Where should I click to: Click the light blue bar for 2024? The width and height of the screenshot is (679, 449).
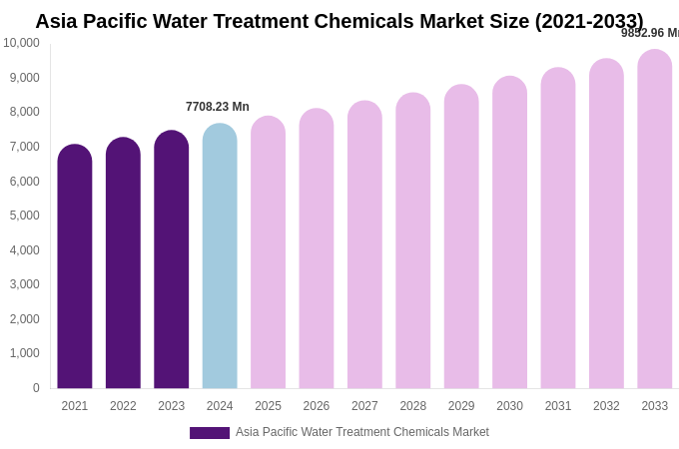pos(220,256)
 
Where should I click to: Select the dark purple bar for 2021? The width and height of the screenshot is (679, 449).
pos(75,266)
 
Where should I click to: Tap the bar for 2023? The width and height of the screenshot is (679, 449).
pos(172,259)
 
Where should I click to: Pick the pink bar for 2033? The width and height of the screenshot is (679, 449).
pos(655,220)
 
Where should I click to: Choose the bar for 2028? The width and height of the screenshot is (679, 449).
pos(413,240)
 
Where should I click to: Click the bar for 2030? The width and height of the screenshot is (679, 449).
pos(509,232)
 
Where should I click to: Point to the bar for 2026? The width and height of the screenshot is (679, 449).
pos(317,248)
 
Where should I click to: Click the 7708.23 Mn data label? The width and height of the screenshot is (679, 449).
pos(218,107)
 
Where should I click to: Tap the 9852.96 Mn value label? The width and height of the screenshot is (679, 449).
pos(650,33)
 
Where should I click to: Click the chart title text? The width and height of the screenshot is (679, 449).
pos(339,21)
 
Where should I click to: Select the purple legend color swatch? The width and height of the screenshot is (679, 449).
pos(210,433)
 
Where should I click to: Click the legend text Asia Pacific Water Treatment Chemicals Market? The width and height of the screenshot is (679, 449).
pos(362,432)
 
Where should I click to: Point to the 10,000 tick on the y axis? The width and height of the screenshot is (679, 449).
pos(21,43)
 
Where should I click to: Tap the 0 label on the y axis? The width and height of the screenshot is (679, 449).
pos(36,388)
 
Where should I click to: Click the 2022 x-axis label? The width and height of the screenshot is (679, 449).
pos(123,406)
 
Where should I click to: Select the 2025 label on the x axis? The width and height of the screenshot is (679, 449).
pos(268,406)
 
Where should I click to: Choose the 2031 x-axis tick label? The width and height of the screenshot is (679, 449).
pos(558,406)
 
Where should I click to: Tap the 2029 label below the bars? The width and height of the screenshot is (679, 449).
pos(461,406)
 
